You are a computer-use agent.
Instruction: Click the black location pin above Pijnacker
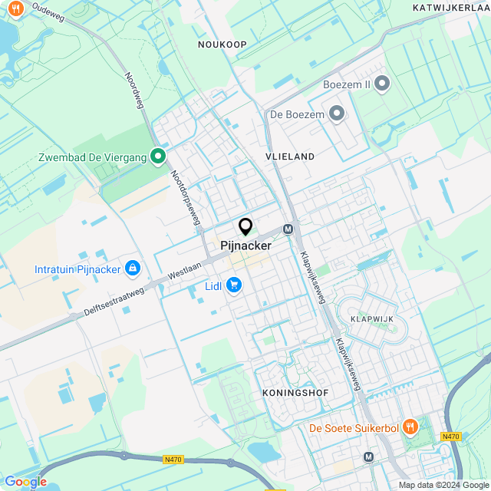[x=245, y=227]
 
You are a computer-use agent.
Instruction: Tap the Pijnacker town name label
[x=245, y=246]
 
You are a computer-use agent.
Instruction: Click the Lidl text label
[x=213, y=287]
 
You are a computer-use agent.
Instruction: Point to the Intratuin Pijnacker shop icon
[x=133, y=269]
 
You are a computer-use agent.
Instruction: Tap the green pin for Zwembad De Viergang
[x=158, y=157]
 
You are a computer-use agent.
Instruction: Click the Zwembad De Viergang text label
[x=92, y=158]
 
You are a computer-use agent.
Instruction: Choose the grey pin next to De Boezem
[x=336, y=114]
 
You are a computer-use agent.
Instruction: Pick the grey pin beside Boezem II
[x=382, y=84]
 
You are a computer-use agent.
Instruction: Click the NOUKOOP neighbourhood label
[x=222, y=44]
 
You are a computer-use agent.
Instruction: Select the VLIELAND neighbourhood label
[x=290, y=157]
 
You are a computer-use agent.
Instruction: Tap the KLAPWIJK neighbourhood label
[x=371, y=318]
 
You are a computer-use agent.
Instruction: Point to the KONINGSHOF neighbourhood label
[x=295, y=393]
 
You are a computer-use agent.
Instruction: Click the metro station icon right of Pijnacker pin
[x=288, y=229]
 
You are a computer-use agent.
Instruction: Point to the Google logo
[x=25, y=481]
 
